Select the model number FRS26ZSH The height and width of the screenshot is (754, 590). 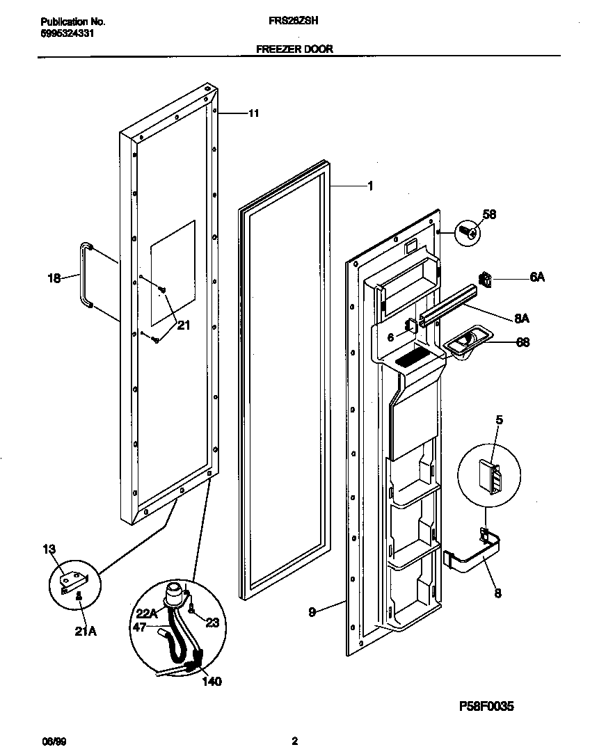pyautogui.click(x=293, y=22)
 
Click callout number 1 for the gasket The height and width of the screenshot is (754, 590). pyautogui.click(x=369, y=186)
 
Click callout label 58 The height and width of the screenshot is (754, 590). pyautogui.click(x=490, y=216)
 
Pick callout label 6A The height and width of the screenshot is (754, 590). pyautogui.click(x=536, y=278)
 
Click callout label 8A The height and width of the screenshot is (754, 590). pyautogui.click(x=522, y=319)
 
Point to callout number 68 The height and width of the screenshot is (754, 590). pyautogui.click(x=522, y=342)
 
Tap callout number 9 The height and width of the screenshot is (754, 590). pyautogui.click(x=312, y=613)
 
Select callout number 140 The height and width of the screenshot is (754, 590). pyautogui.click(x=211, y=682)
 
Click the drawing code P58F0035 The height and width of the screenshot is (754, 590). pyautogui.click(x=486, y=707)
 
